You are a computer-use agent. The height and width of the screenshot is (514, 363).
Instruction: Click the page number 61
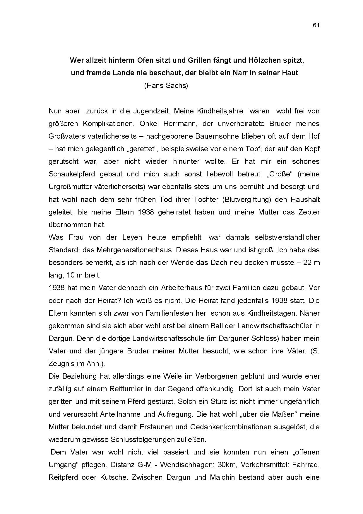(x=316, y=25)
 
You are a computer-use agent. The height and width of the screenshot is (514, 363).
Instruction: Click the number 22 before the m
(x=307, y=263)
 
